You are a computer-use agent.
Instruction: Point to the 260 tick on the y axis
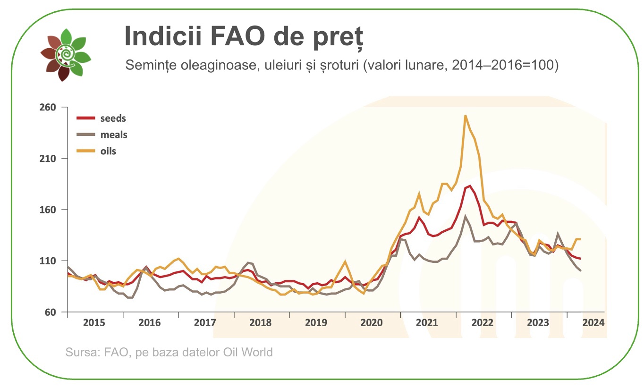[x=48, y=107]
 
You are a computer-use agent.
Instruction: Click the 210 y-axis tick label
[x=48, y=159]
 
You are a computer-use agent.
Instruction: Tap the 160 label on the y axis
[x=48, y=210]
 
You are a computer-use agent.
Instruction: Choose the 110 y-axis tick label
[x=48, y=261]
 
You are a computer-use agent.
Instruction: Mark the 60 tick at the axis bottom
[x=50, y=312]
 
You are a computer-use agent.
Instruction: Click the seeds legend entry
[x=113, y=118]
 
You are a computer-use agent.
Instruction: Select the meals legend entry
[x=113, y=135]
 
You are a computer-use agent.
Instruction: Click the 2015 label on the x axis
[x=94, y=323]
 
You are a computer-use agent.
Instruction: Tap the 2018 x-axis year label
[x=260, y=323]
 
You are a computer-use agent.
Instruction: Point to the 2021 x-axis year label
[x=427, y=323]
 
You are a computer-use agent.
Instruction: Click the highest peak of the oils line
[x=466, y=116]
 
